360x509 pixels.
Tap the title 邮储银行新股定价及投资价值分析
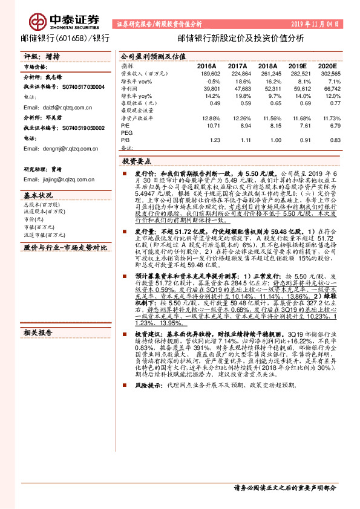241,38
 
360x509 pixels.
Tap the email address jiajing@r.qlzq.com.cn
66,180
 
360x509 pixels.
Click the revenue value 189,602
209,73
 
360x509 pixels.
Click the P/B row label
125,140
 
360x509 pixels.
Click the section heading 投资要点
137,162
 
